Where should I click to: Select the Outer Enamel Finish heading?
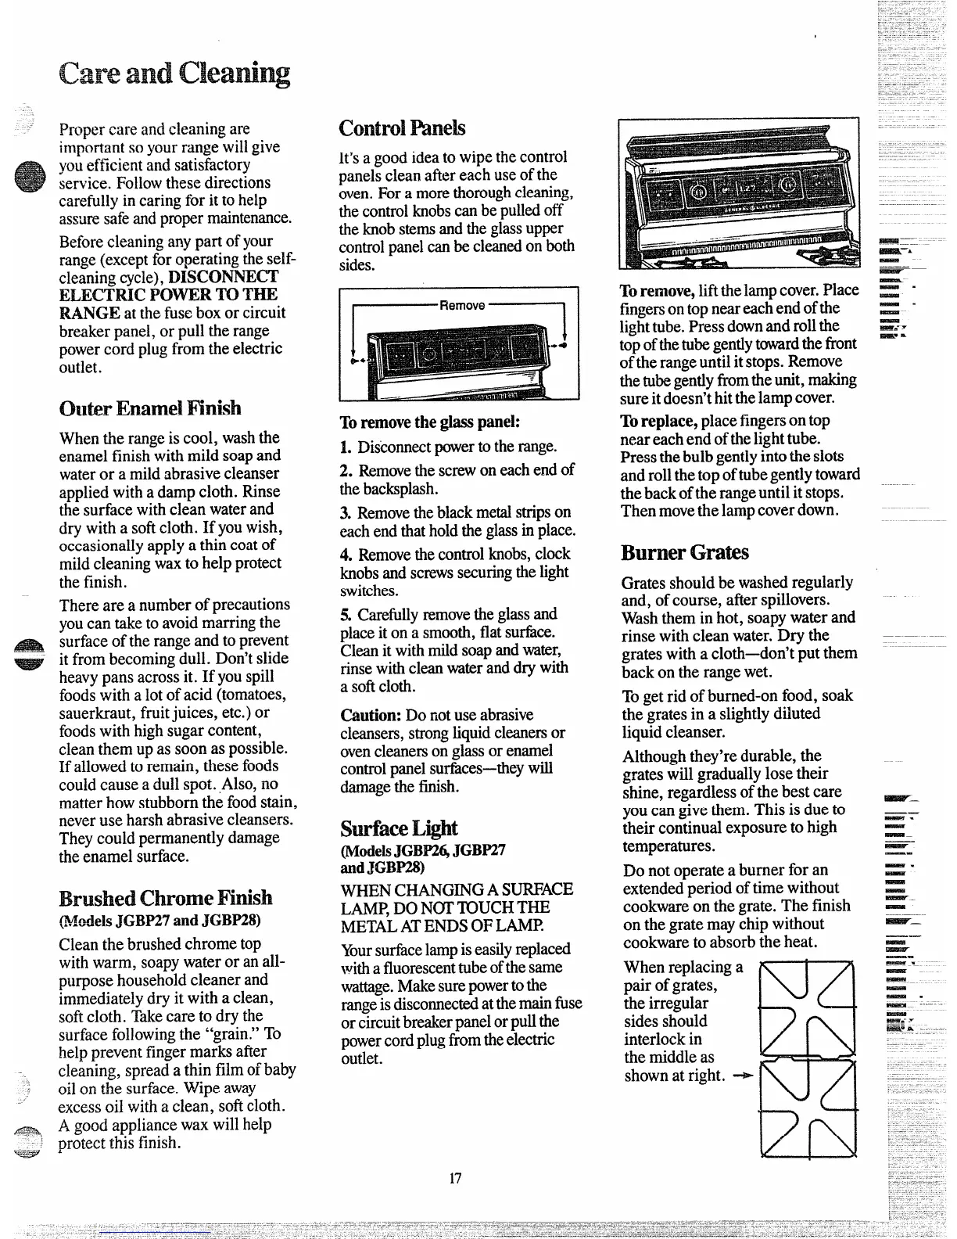click(x=150, y=408)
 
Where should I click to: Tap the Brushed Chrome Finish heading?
click(x=166, y=897)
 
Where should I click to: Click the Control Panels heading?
click(x=402, y=128)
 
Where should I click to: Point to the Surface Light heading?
click(x=399, y=828)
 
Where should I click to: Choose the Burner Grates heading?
click(x=685, y=553)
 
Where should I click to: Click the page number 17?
click(x=456, y=1179)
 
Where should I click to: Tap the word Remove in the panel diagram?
click(x=462, y=305)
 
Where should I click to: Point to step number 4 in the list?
click(x=346, y=555)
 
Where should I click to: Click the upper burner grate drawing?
click(x=808, y=1007)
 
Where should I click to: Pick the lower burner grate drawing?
click(x=808, y=1105)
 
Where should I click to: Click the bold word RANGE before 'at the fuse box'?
click(x=89, y=313)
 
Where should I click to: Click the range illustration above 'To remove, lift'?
click(x=738, y=193)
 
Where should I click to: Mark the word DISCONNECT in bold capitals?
click(x=223, y=277)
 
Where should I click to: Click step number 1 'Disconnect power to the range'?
click(x=346, y=448)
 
